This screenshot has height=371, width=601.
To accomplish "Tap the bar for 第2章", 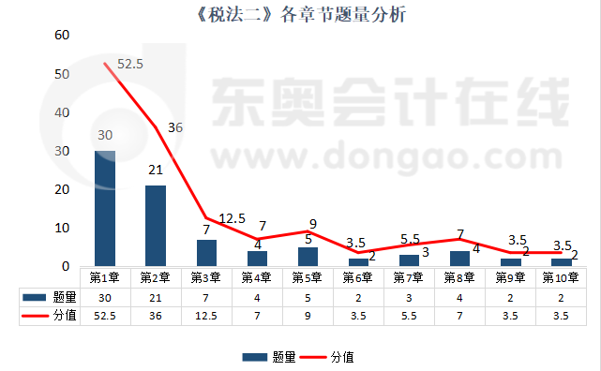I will [x=156, y=226].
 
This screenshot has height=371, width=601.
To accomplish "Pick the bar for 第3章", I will [x=206, y=253].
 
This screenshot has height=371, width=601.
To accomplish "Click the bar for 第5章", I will [x=308, y=257].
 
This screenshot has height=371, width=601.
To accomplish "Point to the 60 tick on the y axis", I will [x=63, y=36].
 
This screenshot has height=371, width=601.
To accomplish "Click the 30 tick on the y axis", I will [x=63, y=151].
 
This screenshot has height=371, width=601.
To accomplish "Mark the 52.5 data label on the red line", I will [x=129, y=65].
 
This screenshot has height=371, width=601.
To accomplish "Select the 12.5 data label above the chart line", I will [x=233, y=219].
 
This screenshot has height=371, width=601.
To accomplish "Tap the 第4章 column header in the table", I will [x=256, y=277].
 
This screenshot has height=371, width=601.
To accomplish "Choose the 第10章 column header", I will [x=561, y=277].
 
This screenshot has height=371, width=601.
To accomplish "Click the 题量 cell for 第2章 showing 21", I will [x=155, y=297].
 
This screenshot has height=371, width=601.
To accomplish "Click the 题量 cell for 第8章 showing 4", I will [x=458, y=297].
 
